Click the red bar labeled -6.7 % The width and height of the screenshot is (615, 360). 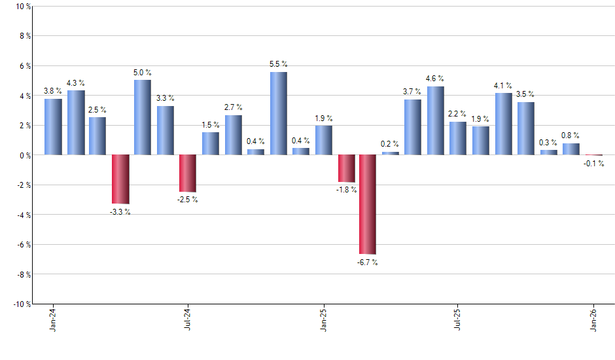tap(368, 204)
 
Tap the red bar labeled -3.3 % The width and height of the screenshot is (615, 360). tap(120, 179)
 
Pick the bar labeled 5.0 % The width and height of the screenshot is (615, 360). tap(143, 117)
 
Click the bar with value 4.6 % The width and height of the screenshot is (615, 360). tap(436, 120)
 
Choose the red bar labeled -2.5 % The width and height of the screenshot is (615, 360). tap(188, 173)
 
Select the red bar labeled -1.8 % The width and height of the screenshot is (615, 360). tap(346, 168)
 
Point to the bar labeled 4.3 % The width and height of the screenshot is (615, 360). tap(76, 122)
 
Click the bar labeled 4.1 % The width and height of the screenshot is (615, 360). tap(503, 124)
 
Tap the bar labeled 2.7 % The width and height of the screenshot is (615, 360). tap(234, 135)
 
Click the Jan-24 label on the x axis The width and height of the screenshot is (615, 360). tap(53, 319)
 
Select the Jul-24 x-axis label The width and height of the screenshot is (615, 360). tap(188, 319)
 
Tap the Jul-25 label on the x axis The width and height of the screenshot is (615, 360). tap(458, 319)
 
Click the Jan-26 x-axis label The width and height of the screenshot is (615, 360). tap(593, 319)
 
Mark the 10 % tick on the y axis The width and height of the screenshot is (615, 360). tap(23, 7)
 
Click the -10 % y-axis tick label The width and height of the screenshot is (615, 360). tap(22, 304)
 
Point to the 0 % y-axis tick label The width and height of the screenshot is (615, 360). tap(25, 156)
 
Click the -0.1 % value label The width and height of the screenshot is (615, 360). tap(594, 163)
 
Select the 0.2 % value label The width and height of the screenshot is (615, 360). tap(390, 144)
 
